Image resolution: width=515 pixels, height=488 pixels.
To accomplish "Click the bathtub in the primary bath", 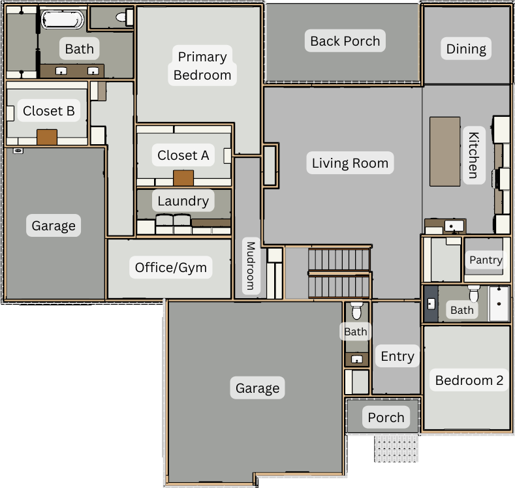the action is (63, 20).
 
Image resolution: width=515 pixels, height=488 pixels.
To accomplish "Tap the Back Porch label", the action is (345, 41).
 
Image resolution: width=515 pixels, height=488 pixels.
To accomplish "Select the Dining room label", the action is (466, 49).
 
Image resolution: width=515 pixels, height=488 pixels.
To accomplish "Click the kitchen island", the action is (445, 151).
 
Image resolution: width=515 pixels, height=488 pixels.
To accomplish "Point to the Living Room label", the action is (350, 163).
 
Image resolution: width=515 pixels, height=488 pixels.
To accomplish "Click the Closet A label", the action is (183, 155).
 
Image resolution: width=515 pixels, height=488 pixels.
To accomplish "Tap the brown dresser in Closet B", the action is (47, 137).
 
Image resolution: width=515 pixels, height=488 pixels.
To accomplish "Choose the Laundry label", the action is (183, 200).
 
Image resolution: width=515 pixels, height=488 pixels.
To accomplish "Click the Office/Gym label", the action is (171, 267).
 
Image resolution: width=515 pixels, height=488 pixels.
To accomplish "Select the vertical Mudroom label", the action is (251, 266).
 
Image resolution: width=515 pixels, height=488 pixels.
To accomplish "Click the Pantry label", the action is (486, 260).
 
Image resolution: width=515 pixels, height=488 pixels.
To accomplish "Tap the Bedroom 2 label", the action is (469, 380).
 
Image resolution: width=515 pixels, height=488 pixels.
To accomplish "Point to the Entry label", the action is (398, 356).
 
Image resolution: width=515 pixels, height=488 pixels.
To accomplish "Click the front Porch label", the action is (386, 418).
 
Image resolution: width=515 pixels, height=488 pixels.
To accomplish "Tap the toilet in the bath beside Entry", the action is (356, 311).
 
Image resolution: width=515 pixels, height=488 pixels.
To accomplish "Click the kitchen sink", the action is (454, 226).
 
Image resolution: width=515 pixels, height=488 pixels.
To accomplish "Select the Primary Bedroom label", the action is (202, 66).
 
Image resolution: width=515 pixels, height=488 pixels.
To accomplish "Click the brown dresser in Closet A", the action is (183, 178).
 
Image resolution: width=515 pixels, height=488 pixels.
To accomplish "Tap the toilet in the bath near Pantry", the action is (474, 293).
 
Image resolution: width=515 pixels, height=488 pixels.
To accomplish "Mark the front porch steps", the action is (396, 448).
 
